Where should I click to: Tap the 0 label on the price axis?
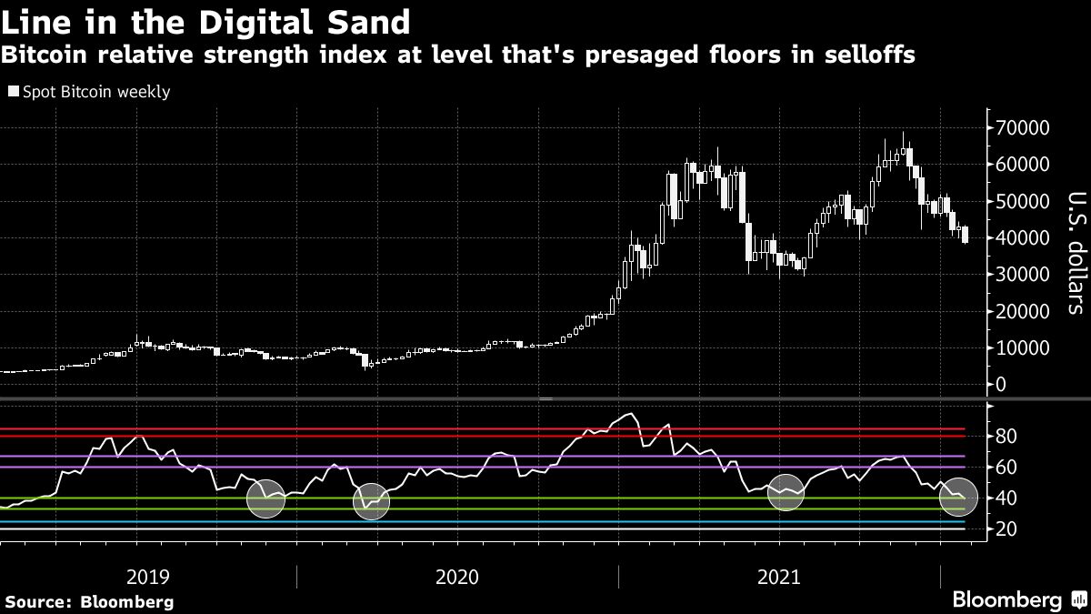[x=1001, y=385]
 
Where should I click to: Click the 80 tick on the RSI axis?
[x=1006, y=437]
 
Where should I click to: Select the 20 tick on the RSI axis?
[x=1006, y=529]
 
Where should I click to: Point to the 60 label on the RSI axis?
[x=1006, y=468]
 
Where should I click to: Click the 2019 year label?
[x=148, y=577]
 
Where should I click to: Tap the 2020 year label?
[x=457, y=577]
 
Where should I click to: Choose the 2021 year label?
[x=779, y=577]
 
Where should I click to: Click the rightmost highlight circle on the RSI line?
[x=957, y=498]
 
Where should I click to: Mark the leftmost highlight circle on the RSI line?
[x=265, y=498]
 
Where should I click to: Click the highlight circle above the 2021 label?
[x=786, y=492]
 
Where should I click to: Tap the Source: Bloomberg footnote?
[x=89, y=601]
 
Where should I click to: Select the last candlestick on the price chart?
[x=964, y=235]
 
